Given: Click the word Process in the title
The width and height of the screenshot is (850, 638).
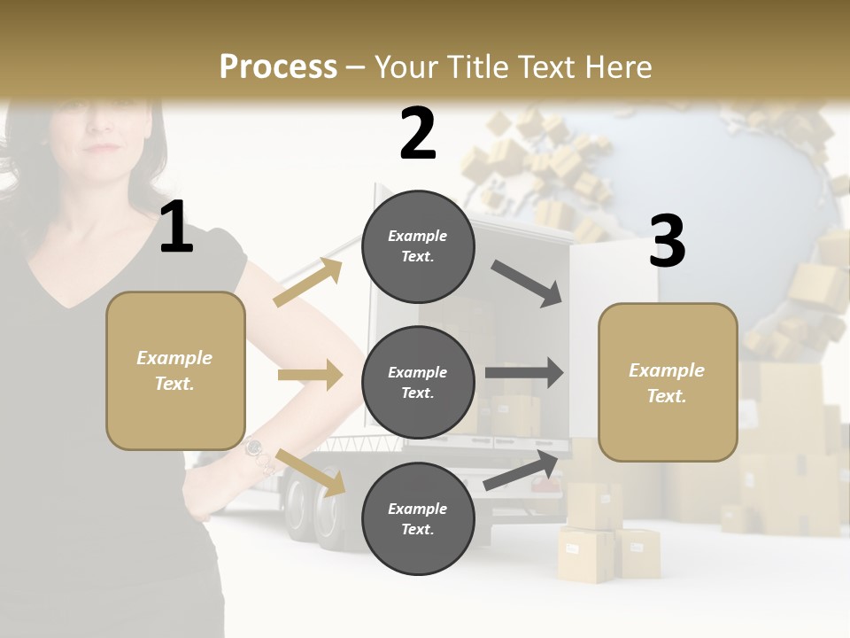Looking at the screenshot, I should point(278,66).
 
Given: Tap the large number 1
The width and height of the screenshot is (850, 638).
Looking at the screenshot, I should point(176,228).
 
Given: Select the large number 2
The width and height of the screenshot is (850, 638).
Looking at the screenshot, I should point(417,134).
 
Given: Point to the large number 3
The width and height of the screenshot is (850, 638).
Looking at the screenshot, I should point(667,242).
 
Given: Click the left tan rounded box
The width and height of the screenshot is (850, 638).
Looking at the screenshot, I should point(175,370).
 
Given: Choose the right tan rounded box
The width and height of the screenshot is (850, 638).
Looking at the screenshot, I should point(668,383).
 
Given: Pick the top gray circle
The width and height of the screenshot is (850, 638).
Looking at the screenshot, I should point(418,246).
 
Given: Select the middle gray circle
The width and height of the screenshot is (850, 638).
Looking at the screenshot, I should point(418,382).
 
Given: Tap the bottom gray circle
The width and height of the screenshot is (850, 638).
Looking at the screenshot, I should point(418,518).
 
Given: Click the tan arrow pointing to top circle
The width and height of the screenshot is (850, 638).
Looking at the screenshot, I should point(308,283).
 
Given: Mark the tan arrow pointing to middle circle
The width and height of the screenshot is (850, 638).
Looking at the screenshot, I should point(310,375).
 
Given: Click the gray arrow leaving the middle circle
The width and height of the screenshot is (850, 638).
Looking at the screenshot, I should point(524,372).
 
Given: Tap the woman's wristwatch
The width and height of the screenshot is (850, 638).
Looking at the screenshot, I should point(254,447).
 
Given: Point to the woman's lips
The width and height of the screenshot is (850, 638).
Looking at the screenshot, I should point(104,147).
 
